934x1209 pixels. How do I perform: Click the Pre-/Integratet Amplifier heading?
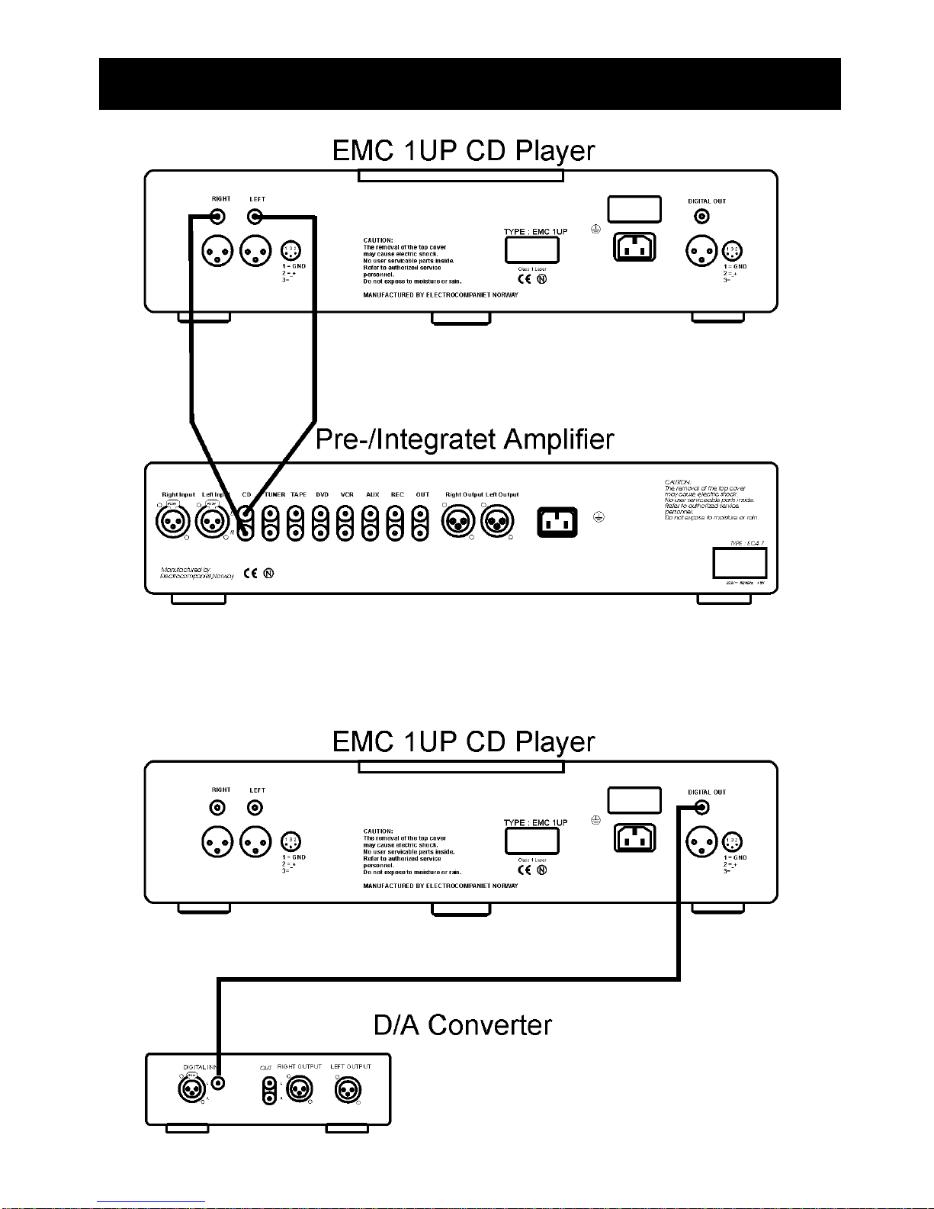click(x=464, y=439)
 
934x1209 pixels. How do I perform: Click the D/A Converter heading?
click(x=462, y=1025)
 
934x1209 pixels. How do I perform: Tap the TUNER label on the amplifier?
click(x=274, y=495)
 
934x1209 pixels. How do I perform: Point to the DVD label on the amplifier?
click(x=322, y=495)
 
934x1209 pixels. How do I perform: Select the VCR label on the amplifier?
click(x=347, y=495)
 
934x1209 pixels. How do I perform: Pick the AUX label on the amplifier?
click(x=372, y=495)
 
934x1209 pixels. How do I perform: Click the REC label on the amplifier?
click(x=397, y=495)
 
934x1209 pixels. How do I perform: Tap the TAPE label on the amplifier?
click(x=298, y=495)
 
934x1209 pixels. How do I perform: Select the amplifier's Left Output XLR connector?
click(x=497, y=523)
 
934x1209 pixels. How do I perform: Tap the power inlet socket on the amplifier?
click(x=557, y=523)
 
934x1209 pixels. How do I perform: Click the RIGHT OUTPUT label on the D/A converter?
click(x=299, y=1066)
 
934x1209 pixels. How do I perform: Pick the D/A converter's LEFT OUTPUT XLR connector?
click(x=348, y=1089)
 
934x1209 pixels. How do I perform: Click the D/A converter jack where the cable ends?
click(x=219, y=1082)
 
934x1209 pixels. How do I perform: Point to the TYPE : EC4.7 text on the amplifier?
click(x=746, y=544)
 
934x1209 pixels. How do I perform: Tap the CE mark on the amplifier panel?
click(x=250, y=574)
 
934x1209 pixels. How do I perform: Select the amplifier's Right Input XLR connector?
click(x=172, y=523)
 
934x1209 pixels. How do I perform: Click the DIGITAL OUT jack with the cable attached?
click(x=701, y=808)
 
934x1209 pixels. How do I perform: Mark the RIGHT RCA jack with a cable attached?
click(x=218, y=217)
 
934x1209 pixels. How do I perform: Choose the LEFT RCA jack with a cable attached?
click(x=255, y=217)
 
